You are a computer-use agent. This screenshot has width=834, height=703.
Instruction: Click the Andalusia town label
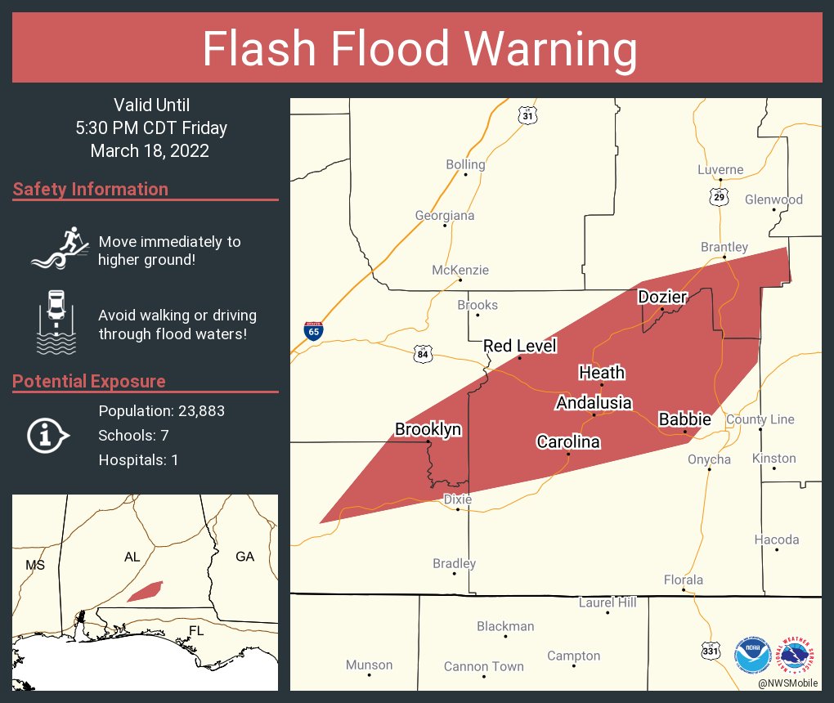point(594,402)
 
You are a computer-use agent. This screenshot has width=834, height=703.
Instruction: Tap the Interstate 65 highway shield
point(314,331)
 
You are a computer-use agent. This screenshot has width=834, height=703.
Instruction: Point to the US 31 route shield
point(528,116)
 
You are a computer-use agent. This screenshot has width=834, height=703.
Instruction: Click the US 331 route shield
point(711,651)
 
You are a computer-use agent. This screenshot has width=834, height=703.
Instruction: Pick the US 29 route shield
point(719,197)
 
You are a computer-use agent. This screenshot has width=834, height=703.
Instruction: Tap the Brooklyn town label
point(428,429)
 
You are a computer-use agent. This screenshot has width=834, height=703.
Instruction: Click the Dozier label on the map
point(662,297)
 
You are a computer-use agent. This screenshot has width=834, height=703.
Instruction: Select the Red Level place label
point(520,346)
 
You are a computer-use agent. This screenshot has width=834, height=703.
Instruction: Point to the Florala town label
point(683,580)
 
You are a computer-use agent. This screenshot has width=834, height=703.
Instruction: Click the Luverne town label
point(720,170)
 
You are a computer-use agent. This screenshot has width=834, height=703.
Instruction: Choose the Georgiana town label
point(445,216)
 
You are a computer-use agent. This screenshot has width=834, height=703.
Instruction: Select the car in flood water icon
point(56,322)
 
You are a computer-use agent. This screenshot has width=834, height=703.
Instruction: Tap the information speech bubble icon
point(47,436)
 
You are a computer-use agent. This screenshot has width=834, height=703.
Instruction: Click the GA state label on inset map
point(244,557)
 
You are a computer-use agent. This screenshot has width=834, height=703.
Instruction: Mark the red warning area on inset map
point(146,590)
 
